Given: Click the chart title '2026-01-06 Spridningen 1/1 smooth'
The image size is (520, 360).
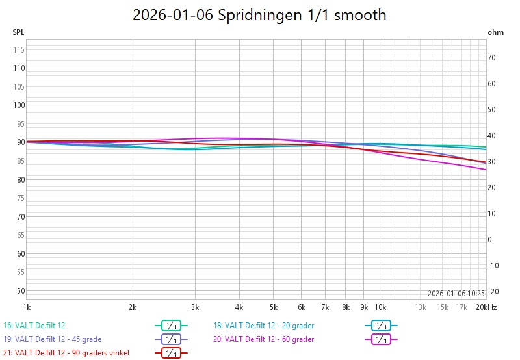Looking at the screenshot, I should pyautogui.click(x=259, y=15).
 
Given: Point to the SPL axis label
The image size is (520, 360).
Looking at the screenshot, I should pyautogui.click(x=18, y=32).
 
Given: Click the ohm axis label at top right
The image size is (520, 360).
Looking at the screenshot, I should pyautogui.click(x=495, y=32).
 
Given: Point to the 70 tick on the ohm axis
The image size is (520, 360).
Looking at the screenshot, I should pyautogui.click(x=492, y=58).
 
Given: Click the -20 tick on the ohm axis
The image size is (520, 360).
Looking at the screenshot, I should pyautogui.click(x=493, y=291).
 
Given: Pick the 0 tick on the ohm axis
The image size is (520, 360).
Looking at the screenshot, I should pyautogui.click(x=489, y=239).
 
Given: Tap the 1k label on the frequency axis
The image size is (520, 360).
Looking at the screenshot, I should pyautogui.click(x=27, y=307).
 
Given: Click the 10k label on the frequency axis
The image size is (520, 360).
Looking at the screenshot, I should pyautogui.click(x=380, y=307).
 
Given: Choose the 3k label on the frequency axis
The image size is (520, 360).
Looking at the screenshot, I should pyautogui.click(x=194, y=307).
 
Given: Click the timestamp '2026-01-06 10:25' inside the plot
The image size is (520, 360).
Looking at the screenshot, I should pyautogui.click(x=456, y=293).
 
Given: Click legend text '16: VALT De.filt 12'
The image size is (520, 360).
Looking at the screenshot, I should pyautogui.click(x=34, y=325).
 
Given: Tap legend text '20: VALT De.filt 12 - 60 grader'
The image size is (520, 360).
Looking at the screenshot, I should pyautogui.click(x=263, y=339).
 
